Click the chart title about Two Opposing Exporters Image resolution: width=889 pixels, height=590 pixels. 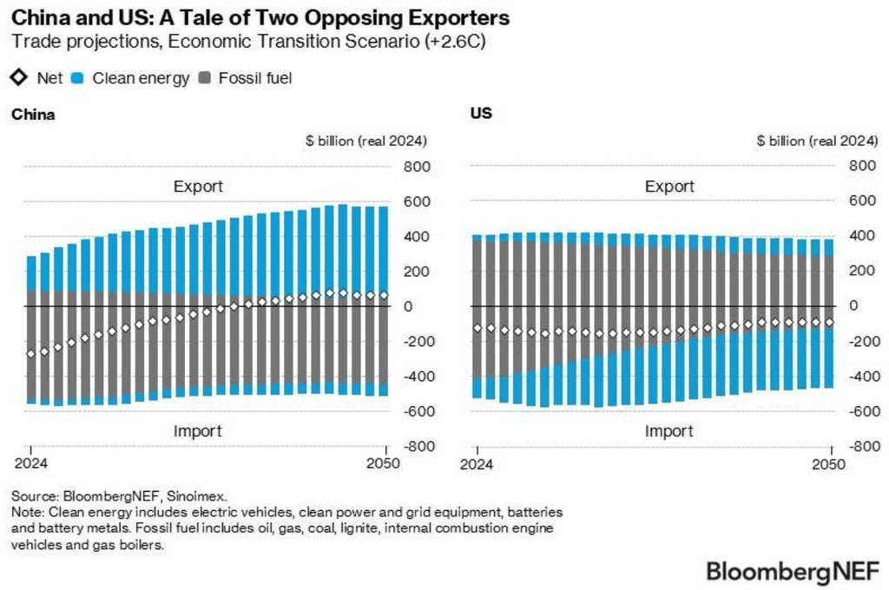[x=260, y=17]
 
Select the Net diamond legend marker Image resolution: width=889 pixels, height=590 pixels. [x=19, y=78]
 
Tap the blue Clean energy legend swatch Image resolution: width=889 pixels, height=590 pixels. [x=77, y=78]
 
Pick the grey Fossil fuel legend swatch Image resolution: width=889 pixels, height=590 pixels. [x=206, y=78]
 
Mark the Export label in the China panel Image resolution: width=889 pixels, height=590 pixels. [x=198, y=186]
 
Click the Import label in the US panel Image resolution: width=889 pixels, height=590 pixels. [x=669, y=431]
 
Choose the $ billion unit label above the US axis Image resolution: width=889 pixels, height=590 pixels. [x=815, y=141]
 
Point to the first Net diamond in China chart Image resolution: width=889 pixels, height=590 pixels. [x=31, y=353]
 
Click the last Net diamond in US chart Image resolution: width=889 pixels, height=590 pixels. [x=828, y=322]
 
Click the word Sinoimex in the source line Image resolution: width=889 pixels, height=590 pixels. [x=198, y=496]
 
